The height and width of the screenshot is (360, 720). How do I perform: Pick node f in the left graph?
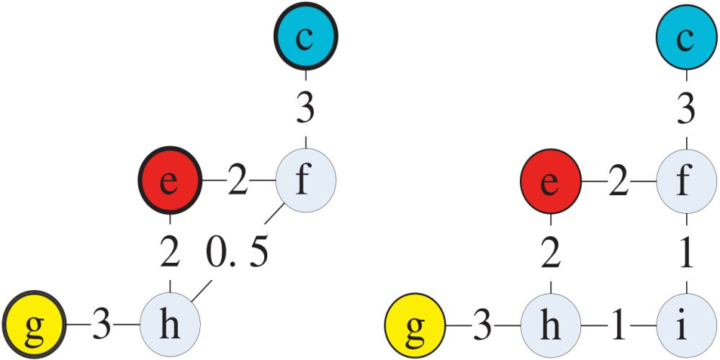click(305, 179)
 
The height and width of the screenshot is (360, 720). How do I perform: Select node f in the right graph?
click(686, 179)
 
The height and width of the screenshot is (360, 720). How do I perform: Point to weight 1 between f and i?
click(686, 254)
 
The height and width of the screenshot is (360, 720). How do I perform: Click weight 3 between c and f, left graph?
click(305, 109)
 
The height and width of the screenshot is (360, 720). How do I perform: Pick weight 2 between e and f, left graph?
click(238, 181)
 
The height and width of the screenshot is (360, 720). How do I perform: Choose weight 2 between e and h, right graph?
click(550, 254)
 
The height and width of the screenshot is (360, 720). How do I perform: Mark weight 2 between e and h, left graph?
click(168, 254)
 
